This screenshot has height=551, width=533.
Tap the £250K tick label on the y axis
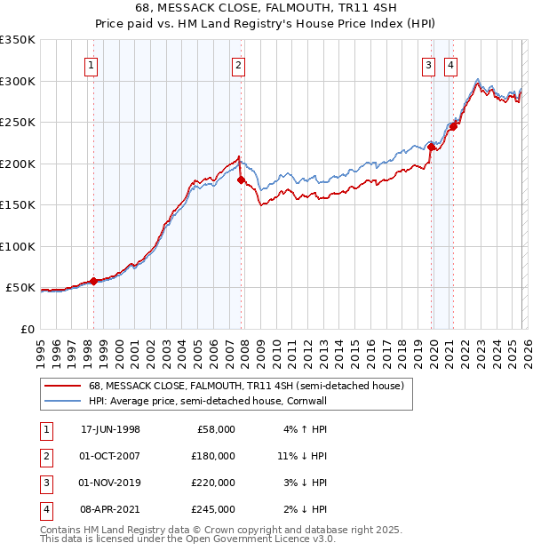pos(17,123)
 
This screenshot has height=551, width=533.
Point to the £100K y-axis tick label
pos(17,246)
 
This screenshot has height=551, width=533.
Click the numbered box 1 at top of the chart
pos(92,65)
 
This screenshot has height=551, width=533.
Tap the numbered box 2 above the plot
pos(239,65)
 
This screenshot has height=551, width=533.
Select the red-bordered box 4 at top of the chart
pos(451,65)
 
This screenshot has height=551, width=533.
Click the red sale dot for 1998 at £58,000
pos(94,281)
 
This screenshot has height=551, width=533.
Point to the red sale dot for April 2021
pos(453,126)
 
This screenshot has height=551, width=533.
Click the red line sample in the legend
pos(62,386)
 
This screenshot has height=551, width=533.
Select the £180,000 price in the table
pos(214,455)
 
